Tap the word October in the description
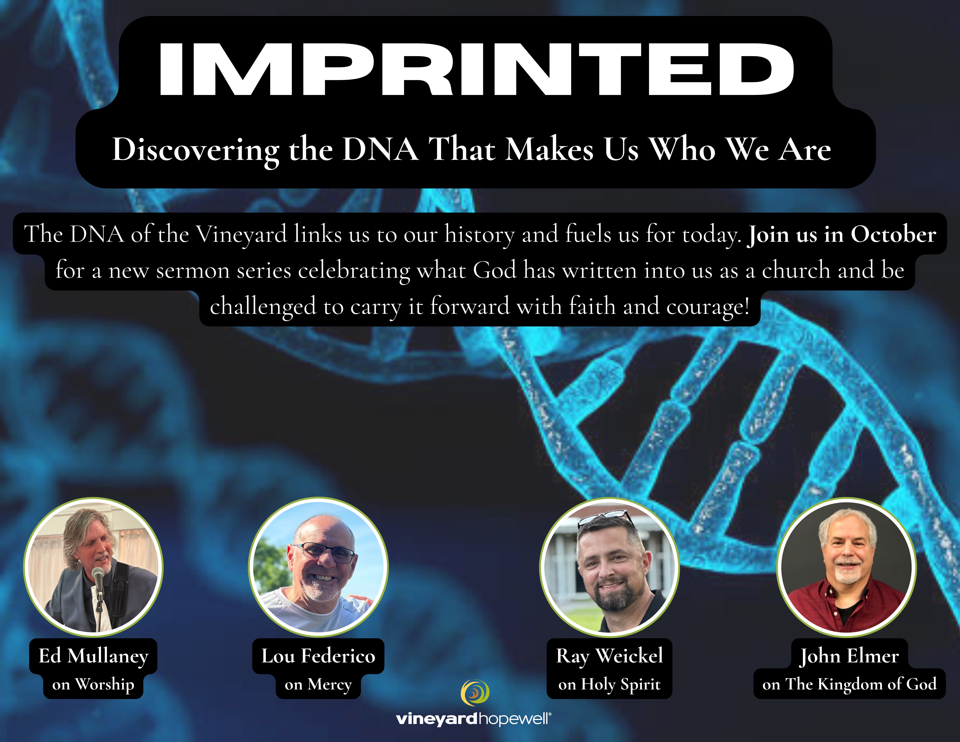point(893,234)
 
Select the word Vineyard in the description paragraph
point(241,234)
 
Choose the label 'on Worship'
point(93,684)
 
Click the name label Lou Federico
point(318,656)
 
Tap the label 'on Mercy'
point(318,684)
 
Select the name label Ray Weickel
point(609,656)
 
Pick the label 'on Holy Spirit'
point(609,684)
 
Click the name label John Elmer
point(849,656)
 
